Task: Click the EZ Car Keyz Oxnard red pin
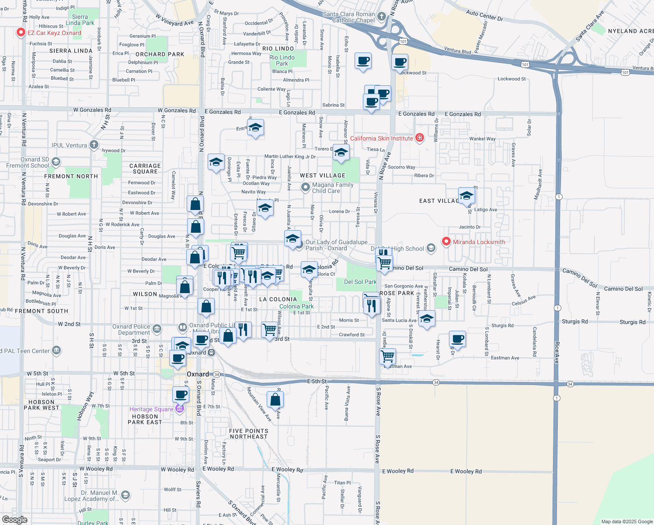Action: [21, 32]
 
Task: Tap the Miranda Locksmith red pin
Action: [446, 241]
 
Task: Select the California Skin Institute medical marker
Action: [420, 138]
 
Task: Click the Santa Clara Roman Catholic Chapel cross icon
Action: [382, 17]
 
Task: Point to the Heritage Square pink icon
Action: [179, 409]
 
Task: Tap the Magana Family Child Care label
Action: [333, 188]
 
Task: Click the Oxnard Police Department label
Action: [131, 329]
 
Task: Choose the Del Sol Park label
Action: [360, 282]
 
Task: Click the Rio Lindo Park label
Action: [282, 60]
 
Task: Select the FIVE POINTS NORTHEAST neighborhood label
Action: [248, 434]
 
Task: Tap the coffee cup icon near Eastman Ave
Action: [458, 339]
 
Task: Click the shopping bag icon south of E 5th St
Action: [275, 399]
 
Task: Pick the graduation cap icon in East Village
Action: [466, 195]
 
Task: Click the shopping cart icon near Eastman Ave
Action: [388, 356]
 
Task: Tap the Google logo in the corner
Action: [15, 519]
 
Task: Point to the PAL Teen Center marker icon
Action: [56, 350]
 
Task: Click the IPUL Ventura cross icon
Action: [94, 145]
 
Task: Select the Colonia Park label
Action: [296, 306]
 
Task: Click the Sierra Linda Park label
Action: [80, 20]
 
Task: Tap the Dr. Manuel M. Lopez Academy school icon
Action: [125, 495]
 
